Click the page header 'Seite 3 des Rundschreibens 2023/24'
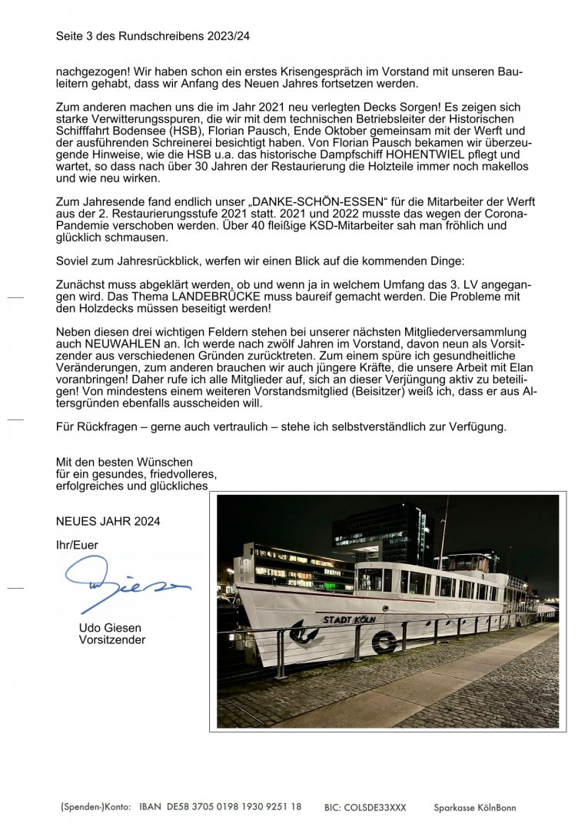(152, 36)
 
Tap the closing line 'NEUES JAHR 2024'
(108, 522)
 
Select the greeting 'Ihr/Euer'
(77, 545)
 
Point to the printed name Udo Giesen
(110, 628)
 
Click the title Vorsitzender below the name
(111, 640)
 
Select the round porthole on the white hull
(384, 642)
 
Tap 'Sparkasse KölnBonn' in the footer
(475, 808)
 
